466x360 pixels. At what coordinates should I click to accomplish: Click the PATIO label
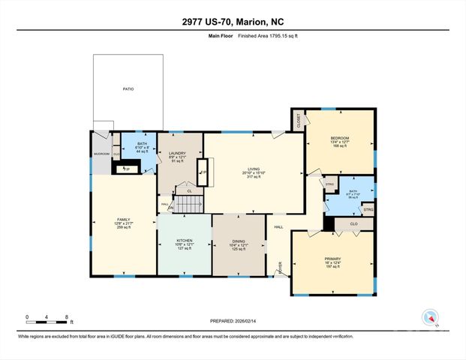pyautogui.click(x=128, y=89)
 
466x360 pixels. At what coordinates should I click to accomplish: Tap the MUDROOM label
pyautogui.click(x=101, y=154)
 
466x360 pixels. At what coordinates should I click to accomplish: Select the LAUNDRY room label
pyautogui.click(x=176, y=152)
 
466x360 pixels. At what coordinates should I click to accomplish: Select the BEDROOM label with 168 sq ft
pyautogui.click(x=340, y=138)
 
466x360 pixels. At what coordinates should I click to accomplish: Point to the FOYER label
pyautogui.click(x=281, y=264)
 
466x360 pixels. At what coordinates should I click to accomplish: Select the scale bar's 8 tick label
pyautogui.click(x=67, y=317)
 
